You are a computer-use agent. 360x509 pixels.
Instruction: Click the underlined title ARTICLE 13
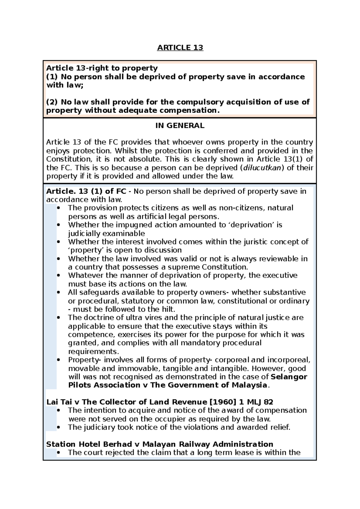[180, 48]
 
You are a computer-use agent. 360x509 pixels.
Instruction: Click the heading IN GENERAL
[180, 126]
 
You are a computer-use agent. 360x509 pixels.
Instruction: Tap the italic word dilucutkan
[262, 168]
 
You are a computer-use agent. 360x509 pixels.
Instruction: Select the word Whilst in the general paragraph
[124, 151]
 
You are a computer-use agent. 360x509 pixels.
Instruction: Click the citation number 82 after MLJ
[268, 402]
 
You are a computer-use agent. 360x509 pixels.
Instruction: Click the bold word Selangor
[289, 377]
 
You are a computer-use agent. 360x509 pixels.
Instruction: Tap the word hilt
[168, 309]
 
